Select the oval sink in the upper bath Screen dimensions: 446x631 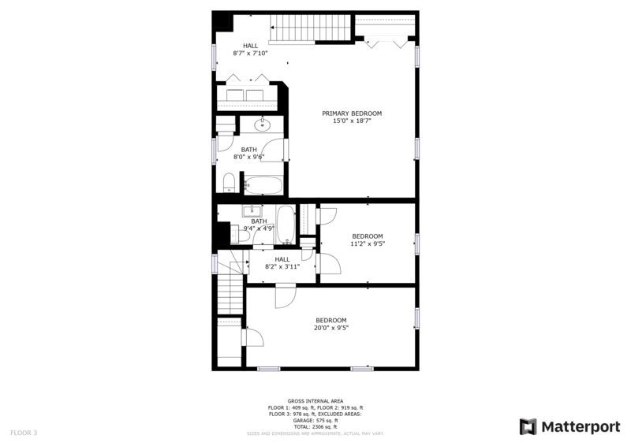pos(263,125)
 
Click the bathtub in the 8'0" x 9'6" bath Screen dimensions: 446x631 pos(262,186)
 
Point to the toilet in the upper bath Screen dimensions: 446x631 pos(229,184)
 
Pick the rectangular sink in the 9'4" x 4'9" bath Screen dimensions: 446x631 pos(254,210)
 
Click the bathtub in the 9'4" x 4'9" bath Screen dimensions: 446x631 pos(285,223)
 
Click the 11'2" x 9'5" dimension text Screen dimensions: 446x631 pos(367,244)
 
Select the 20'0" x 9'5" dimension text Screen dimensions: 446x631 pos(331,328)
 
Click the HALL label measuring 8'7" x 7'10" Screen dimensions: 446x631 pos(250,46)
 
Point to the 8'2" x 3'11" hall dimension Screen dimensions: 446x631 pos(282,266)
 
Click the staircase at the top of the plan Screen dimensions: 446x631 pos(309,28)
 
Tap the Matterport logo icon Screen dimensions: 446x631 pos(528,426)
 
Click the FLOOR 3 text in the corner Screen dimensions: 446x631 pos(23,433)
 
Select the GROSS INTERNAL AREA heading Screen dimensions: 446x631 pos(315,401)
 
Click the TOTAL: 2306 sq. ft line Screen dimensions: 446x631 pos(315,426)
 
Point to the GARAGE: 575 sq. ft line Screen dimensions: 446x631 pos(315,420)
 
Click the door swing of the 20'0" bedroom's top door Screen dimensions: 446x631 pos(285,298)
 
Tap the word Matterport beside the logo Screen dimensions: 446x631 pos(580,426)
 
